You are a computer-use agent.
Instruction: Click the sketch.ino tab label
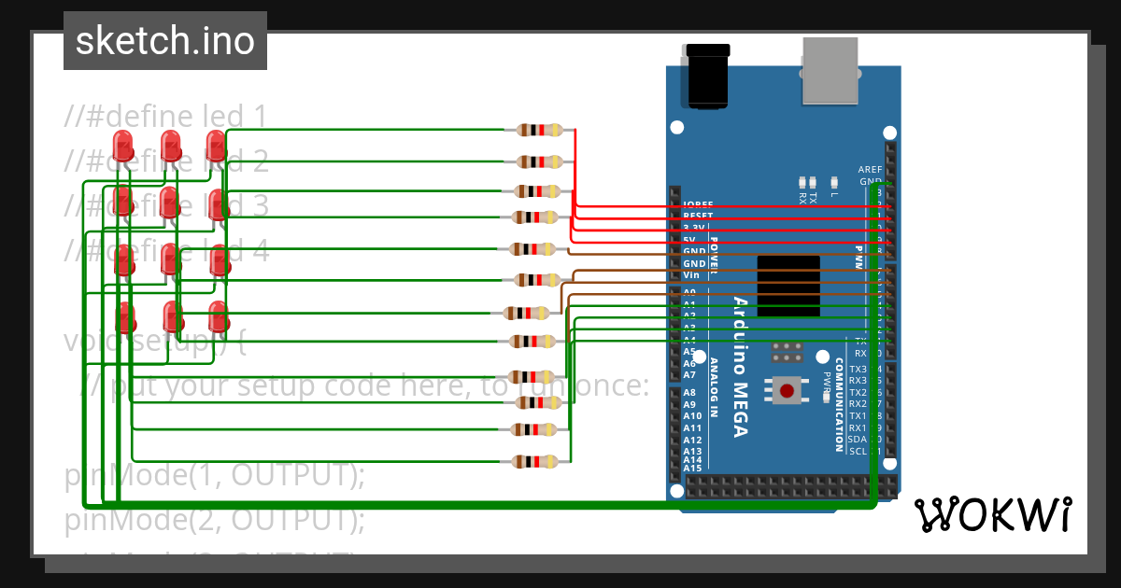point(164,41)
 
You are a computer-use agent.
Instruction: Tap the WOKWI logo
point(993,514)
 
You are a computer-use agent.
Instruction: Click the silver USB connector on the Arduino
point(830,71)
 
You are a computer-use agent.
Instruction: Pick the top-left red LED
point(122,146)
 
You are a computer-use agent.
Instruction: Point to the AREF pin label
point(869,170)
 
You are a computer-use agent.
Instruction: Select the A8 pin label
point(689,393)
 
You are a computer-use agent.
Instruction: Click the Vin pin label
point(690,275)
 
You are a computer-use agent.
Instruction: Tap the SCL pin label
point(858,452)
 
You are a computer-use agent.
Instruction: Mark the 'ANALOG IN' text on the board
point(715,387)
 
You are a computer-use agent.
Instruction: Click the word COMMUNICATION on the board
point(839,404)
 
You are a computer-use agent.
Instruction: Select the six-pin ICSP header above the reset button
point(788,352)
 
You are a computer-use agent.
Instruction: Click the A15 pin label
point(691,469)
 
